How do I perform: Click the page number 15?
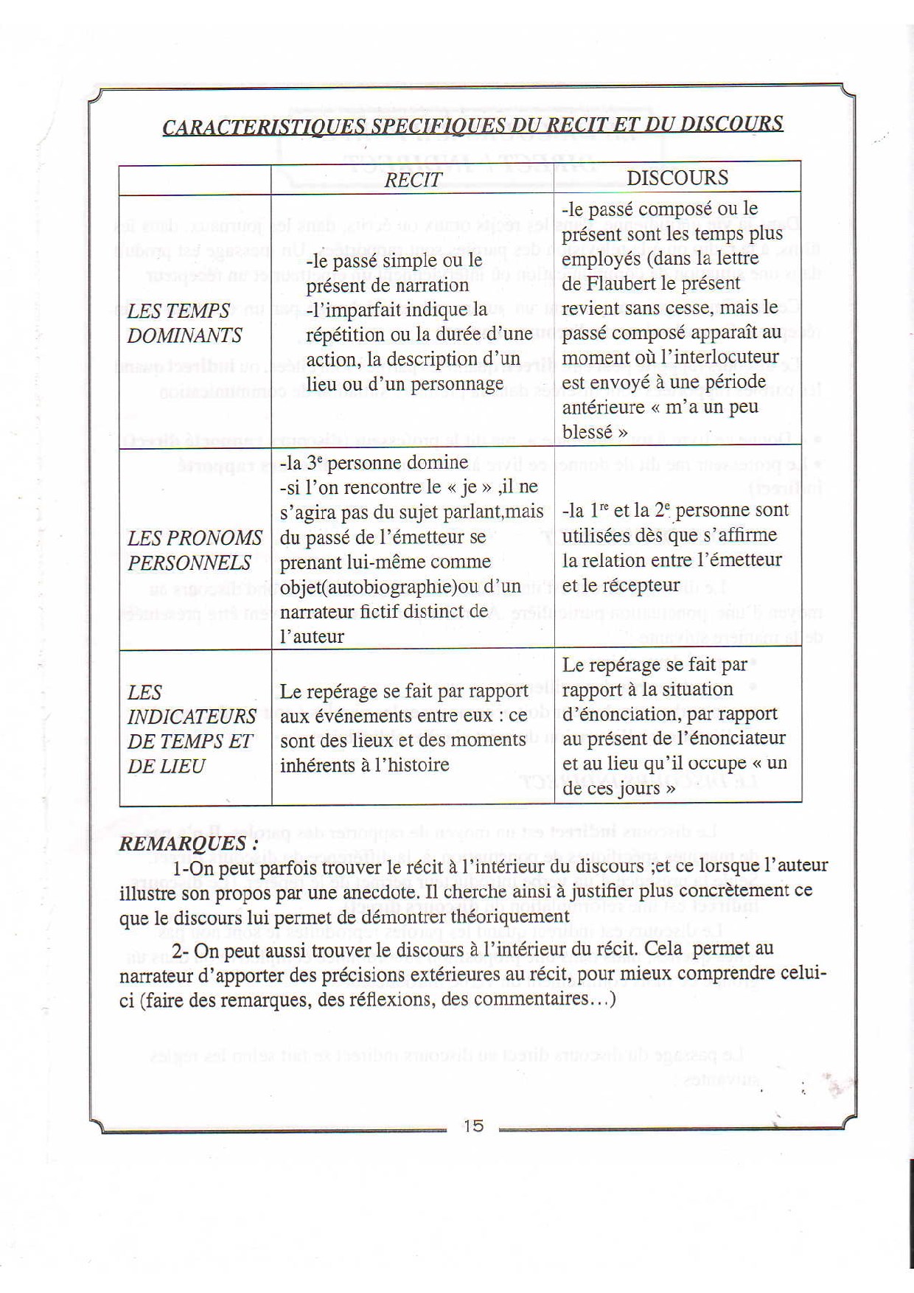pos(473,1126)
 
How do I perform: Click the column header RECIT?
pos(413,180)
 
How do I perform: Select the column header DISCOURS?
pos(677,178)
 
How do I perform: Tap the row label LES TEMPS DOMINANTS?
pos(184,323)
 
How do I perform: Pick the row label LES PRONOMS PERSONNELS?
pos(194,550)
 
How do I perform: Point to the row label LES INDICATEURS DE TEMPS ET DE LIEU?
pos(191,728)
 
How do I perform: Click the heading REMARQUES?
pos(188,843)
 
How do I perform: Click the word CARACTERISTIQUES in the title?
pos(263,127)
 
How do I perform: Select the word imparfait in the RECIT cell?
pos(359,310)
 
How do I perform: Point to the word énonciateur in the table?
pos(733,739)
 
